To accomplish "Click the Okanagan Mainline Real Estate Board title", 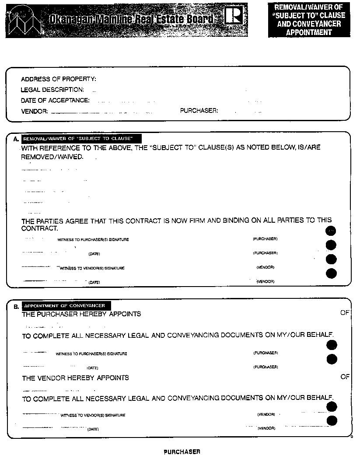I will point(131,19).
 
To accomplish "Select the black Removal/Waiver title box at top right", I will point(309,20).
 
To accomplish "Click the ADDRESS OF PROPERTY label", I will point(59,79).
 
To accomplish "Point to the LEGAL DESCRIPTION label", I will point(52,90).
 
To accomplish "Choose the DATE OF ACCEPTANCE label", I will point(55,100).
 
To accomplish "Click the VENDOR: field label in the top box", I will point(35,111).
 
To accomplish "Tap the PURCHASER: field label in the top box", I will point(199,111).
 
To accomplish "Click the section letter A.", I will point(16,139).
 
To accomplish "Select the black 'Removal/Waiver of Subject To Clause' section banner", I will point(77,139).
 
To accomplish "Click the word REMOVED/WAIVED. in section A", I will point(52,157).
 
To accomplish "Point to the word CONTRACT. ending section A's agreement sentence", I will point(40,228).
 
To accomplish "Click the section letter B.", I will point(17,306).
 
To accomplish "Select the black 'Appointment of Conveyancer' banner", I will point(64,306).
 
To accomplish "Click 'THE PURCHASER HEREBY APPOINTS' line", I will point(81,314).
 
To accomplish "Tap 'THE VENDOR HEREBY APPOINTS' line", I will point(76,378).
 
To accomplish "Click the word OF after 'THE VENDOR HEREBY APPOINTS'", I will point(345,377).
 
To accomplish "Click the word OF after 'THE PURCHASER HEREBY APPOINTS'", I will point(345,313).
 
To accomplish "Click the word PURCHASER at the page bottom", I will point(182,451).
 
